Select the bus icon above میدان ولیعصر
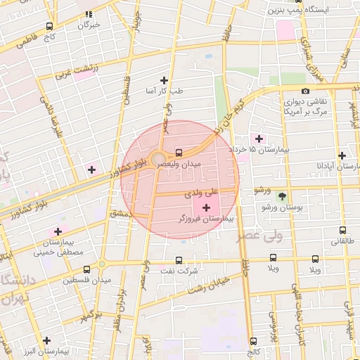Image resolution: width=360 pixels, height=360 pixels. pos(179,152)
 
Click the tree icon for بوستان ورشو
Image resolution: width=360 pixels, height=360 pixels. pos(283,196)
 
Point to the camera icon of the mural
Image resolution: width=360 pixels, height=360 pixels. pos(305,91)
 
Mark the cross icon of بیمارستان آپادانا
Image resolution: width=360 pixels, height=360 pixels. pos(342,155)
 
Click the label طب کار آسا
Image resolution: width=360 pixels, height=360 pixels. pos(165,91)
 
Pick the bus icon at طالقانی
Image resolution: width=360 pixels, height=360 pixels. pos(342,230)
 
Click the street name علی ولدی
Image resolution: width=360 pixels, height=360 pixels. pos(202,191)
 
